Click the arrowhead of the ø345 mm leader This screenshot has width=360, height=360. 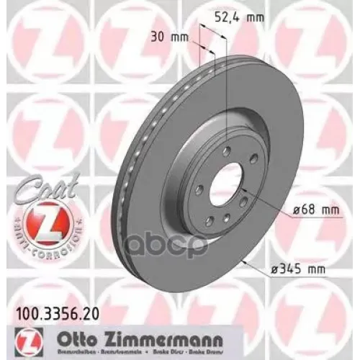232,258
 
